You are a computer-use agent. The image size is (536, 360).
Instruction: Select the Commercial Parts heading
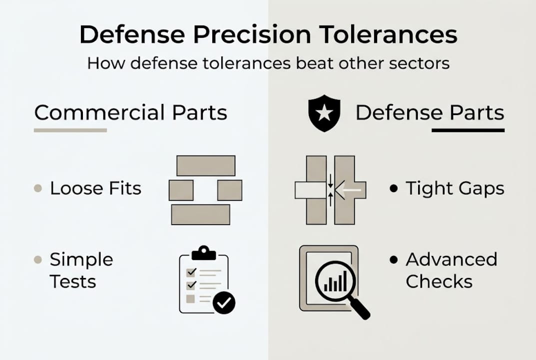(x=131, y=113)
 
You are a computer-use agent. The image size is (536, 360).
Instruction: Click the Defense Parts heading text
(x=430, y=113)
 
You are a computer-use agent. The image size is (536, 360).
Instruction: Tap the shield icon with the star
(x=325, y=113)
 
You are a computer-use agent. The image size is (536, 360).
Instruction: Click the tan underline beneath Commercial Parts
(x=70, y=130)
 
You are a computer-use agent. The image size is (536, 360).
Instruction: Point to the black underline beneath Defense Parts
(x=468, y=130)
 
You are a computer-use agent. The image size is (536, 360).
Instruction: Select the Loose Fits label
(x=95, y=188)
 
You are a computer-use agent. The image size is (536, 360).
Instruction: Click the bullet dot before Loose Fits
(x=37, y=188)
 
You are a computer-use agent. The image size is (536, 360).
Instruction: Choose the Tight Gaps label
(x=455, y=188)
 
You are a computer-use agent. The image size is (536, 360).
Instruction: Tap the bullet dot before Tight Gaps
(x=394, y=188)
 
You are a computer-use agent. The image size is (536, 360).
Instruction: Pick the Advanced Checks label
(x=451, y=270)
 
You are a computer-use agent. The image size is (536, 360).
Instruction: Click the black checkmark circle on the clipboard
(x=224, y=302)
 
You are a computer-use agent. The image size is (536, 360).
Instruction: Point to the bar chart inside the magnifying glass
(x=335, y=282)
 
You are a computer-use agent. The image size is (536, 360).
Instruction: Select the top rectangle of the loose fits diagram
(x=206, y=165)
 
